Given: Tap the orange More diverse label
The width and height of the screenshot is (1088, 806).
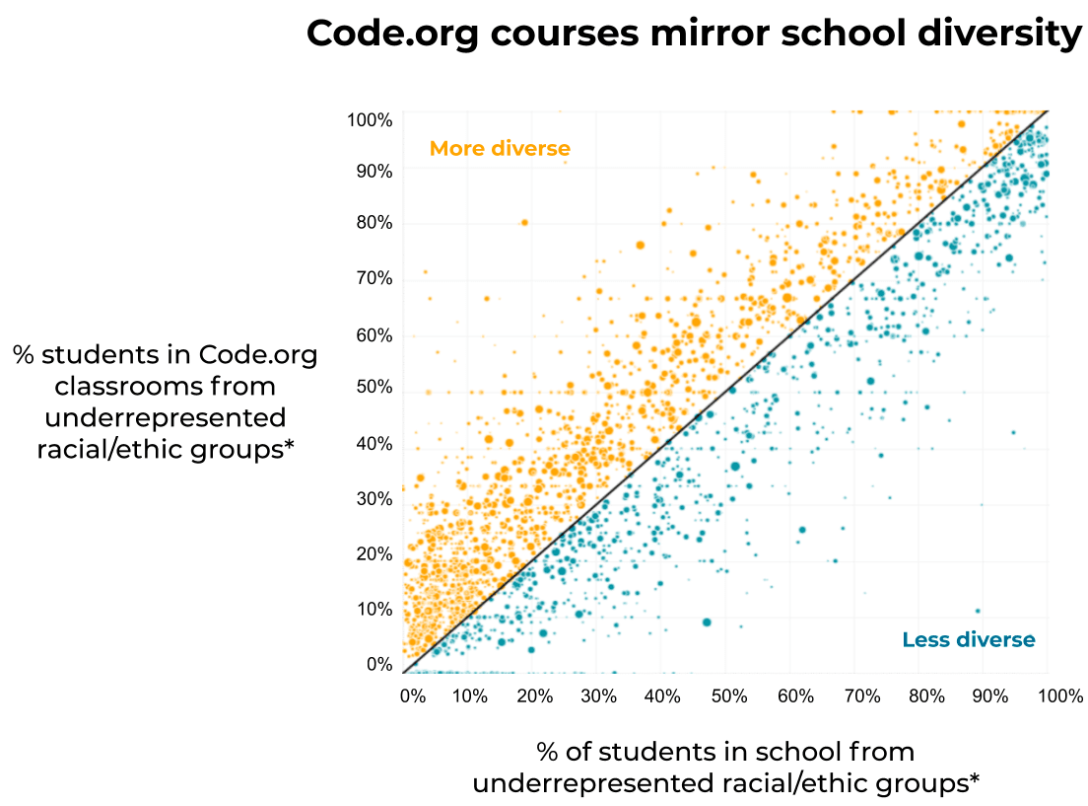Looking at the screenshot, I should point(500,149).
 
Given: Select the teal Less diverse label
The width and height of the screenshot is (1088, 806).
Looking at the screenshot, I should point(969,640).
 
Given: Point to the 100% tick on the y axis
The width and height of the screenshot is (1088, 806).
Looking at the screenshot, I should point(370,120).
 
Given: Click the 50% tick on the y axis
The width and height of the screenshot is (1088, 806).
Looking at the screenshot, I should point(374,388).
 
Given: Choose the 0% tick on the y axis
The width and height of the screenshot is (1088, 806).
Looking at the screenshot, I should point(379,665).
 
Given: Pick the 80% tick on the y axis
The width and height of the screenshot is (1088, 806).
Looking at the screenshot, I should point(374,223).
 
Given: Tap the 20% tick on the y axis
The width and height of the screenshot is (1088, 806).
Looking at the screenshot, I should point(374,554).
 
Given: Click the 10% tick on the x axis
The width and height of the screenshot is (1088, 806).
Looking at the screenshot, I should point(470,696).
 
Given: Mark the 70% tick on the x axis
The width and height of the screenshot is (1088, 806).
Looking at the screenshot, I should point(862,696).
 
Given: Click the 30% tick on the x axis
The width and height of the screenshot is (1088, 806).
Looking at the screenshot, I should point(598,696).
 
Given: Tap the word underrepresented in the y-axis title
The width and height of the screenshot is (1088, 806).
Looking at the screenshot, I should point(166,417).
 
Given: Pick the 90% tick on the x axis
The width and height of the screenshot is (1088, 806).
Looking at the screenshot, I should point(990,696).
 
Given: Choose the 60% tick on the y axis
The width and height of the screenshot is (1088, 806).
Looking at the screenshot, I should point(374,335).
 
